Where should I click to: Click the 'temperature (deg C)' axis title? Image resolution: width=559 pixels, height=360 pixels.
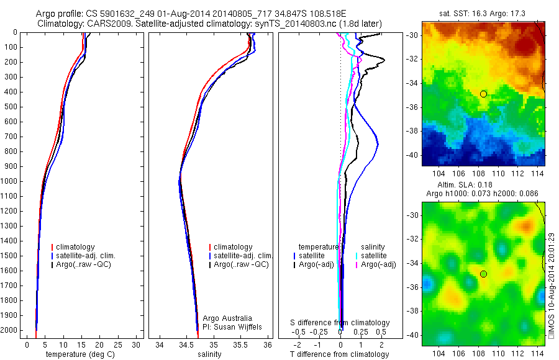point(78,354)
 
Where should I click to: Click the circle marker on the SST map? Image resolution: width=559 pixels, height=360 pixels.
point(483,94)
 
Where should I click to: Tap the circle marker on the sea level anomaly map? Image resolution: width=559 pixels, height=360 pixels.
point(483,274)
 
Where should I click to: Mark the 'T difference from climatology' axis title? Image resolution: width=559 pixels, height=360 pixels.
point(339,354)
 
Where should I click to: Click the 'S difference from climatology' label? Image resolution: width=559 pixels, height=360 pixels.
point(340,323)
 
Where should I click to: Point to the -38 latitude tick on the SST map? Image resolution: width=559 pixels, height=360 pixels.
point(412,131)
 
